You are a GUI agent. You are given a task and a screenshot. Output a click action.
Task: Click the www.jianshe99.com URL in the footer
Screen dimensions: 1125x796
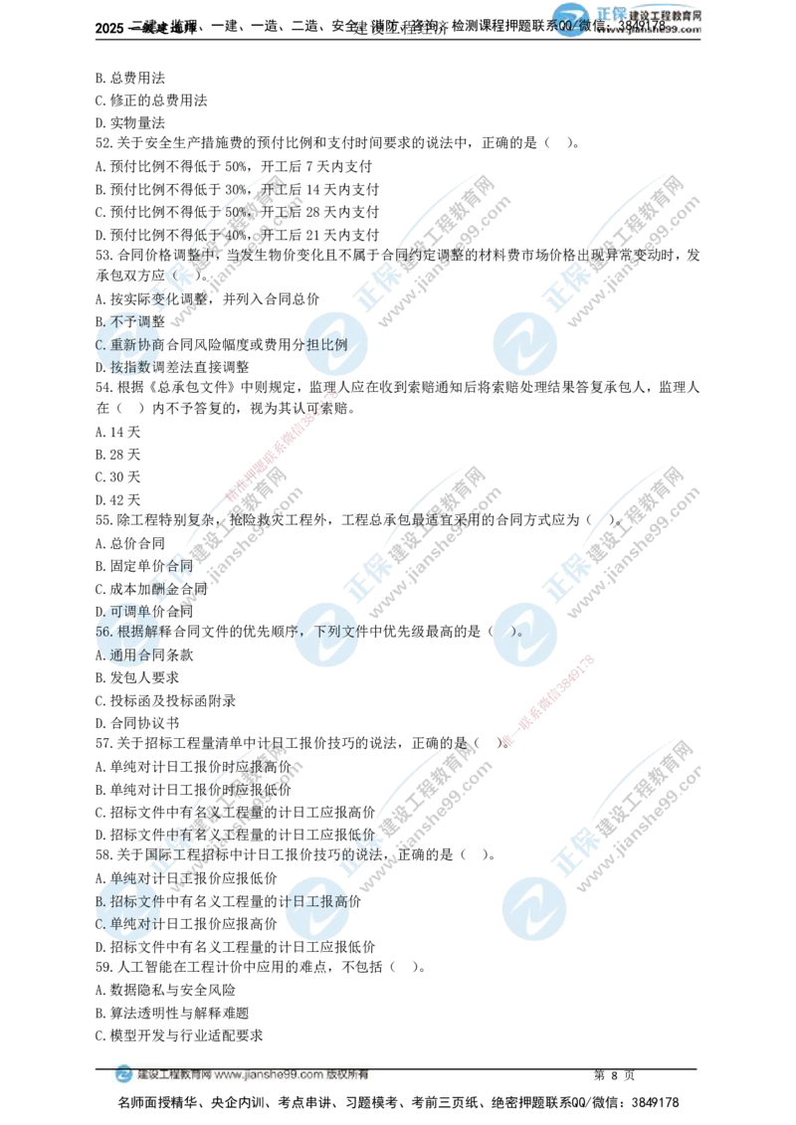268,1075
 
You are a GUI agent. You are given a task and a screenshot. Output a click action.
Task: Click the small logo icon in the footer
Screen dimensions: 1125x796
123,1075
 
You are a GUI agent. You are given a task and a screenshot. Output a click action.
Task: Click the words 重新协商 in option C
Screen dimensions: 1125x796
133,345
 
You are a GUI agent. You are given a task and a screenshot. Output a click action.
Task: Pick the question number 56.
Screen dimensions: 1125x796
103,633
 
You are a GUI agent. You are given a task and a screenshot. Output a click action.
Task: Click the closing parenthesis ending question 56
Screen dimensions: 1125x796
515,633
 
